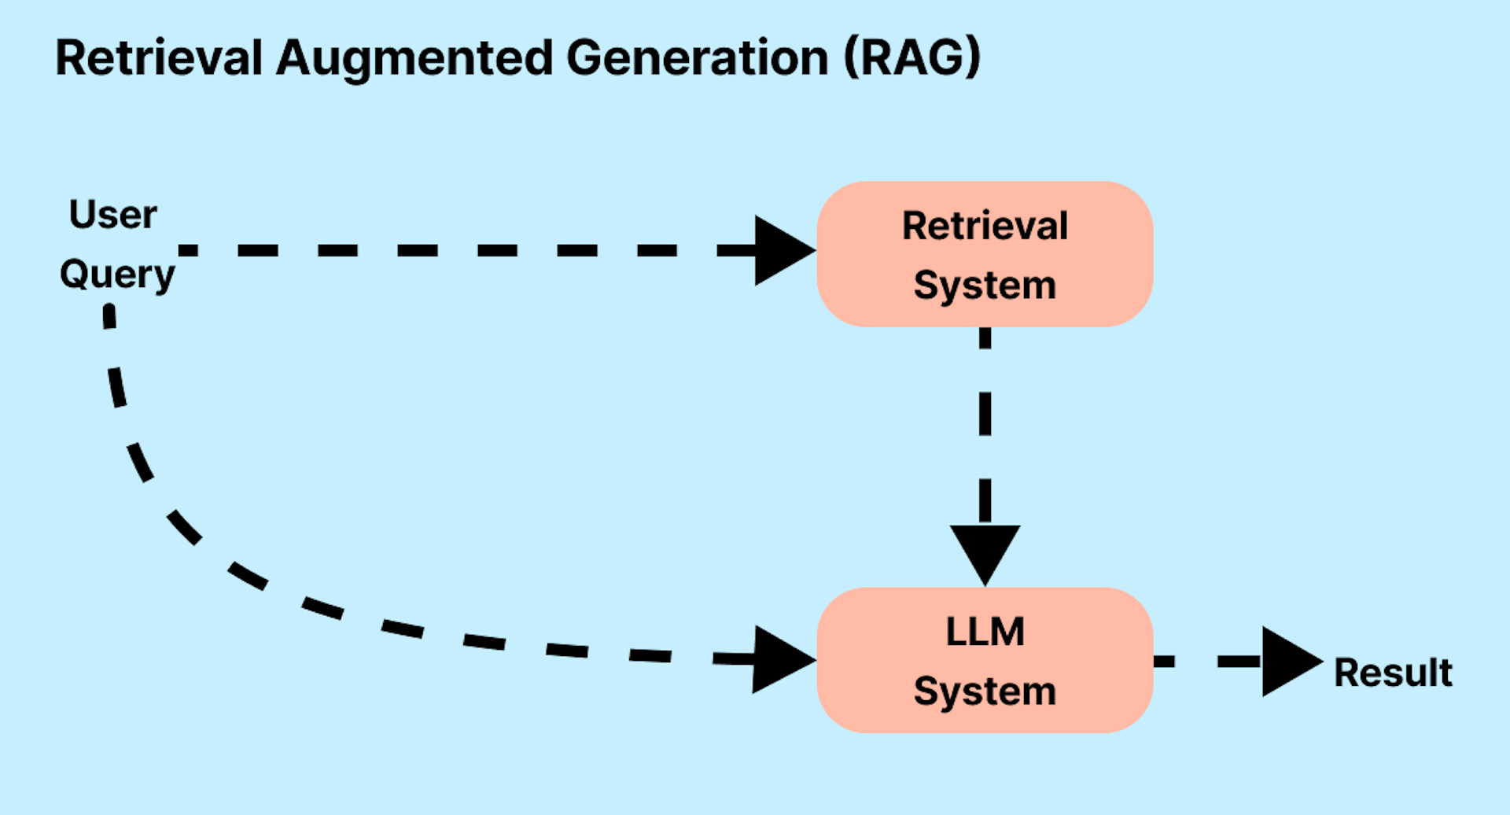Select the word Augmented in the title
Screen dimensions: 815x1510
point(414,59)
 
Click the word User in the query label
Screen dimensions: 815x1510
point(112,214)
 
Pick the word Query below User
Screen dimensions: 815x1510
point(117,275)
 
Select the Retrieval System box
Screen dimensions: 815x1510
point(985,254)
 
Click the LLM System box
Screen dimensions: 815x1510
point(985,660)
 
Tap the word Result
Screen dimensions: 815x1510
point(1393,673)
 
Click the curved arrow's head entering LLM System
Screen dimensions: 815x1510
point(781,659)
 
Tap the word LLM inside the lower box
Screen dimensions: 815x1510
point(985,632)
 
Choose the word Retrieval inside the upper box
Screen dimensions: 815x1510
point(985,226)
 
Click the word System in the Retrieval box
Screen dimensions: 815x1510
point(985,285)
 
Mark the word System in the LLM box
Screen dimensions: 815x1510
point(985,691)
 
